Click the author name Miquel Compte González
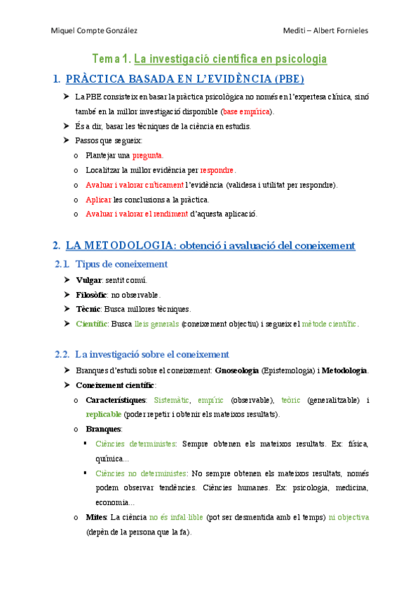95,30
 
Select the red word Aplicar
98,200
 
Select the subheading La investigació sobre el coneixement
151,354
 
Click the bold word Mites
97,517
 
